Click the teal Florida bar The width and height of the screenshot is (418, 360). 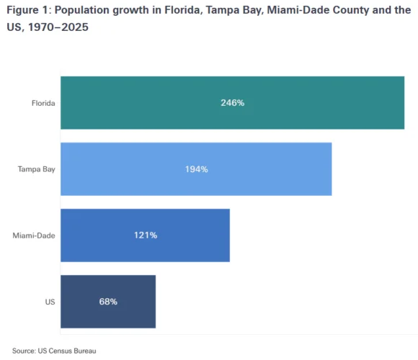coord(232,103)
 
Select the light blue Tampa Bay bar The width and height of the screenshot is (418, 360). coord(196,169)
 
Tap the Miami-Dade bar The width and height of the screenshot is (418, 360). coord(145,235)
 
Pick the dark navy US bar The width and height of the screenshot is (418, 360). coord(108,302)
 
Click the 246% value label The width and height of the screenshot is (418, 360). coord(233,103)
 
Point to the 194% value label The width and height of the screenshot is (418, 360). coord(197,169)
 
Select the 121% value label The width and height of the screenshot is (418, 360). coord(146,235)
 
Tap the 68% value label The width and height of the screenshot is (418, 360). coord(108,302)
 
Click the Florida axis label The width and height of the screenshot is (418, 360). coord(43,103)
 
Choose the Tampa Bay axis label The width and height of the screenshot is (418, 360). coord(37,169)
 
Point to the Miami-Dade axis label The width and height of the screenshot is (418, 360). coord(34,235)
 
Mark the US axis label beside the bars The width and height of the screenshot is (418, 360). coord(50,302)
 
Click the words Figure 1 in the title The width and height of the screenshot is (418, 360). coord(27,10)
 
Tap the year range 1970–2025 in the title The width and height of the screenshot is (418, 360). coord(58,27)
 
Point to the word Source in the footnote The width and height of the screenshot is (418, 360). coord(24,351)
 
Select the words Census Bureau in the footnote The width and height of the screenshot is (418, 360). coord(72,351)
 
